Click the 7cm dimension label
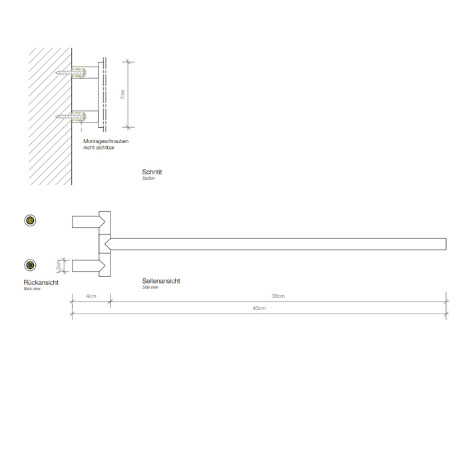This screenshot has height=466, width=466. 122,95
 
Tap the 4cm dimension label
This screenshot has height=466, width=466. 91,296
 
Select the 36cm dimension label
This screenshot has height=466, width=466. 278,296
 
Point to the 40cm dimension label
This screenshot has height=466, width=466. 259,308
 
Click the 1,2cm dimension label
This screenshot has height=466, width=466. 59,266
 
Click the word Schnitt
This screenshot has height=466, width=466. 152,172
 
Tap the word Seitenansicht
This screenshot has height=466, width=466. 161,281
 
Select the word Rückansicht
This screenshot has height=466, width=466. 41,282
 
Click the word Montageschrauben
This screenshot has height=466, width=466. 106,141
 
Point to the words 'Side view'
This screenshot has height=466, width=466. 150,288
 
